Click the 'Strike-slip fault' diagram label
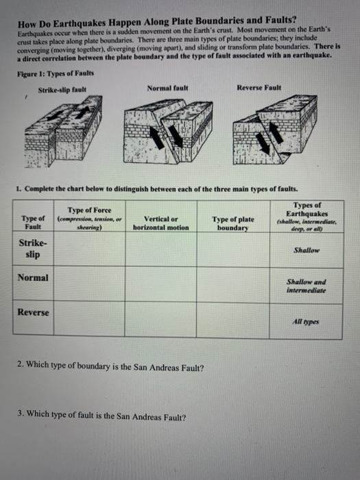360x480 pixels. click(62, 90)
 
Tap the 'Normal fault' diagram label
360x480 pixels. click(167, 88)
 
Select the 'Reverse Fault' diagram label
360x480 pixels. click(259, 88)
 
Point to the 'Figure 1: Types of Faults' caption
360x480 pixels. click(56, 74)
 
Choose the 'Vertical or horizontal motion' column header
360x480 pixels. click(160, 223)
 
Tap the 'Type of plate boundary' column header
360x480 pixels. click(233, 224)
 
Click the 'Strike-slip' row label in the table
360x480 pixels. click(33, 248)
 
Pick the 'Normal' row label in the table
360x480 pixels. click(33, 278)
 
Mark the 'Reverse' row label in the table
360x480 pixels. click(33, 312)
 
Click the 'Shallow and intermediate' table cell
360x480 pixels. click(306, 286)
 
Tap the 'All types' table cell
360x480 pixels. click(306, 322)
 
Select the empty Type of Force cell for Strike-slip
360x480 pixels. click(89, 248)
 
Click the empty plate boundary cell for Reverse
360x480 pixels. click(233, 320)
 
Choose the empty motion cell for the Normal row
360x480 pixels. click(160, 284)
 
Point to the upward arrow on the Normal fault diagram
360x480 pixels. click(157, 138)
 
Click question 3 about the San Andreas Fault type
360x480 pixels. click(101, 416)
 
